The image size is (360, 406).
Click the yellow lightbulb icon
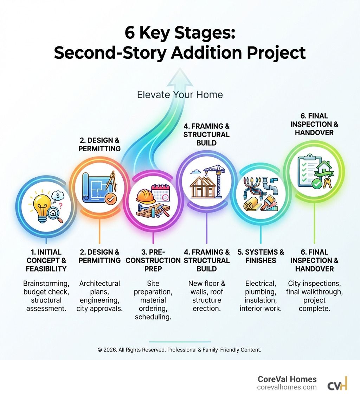coord(42,205)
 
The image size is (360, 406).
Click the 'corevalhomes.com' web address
coord(287,387)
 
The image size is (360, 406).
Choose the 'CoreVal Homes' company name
coord(287,379)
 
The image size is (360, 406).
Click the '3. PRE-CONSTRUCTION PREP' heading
coord(153,260)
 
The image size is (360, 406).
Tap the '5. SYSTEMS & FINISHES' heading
coord(261,256)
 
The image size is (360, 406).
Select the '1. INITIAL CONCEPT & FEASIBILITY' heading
coord(46,260)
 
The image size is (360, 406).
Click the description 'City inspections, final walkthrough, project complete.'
coord(314,296)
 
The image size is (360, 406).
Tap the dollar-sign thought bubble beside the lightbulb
coord(57,196)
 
